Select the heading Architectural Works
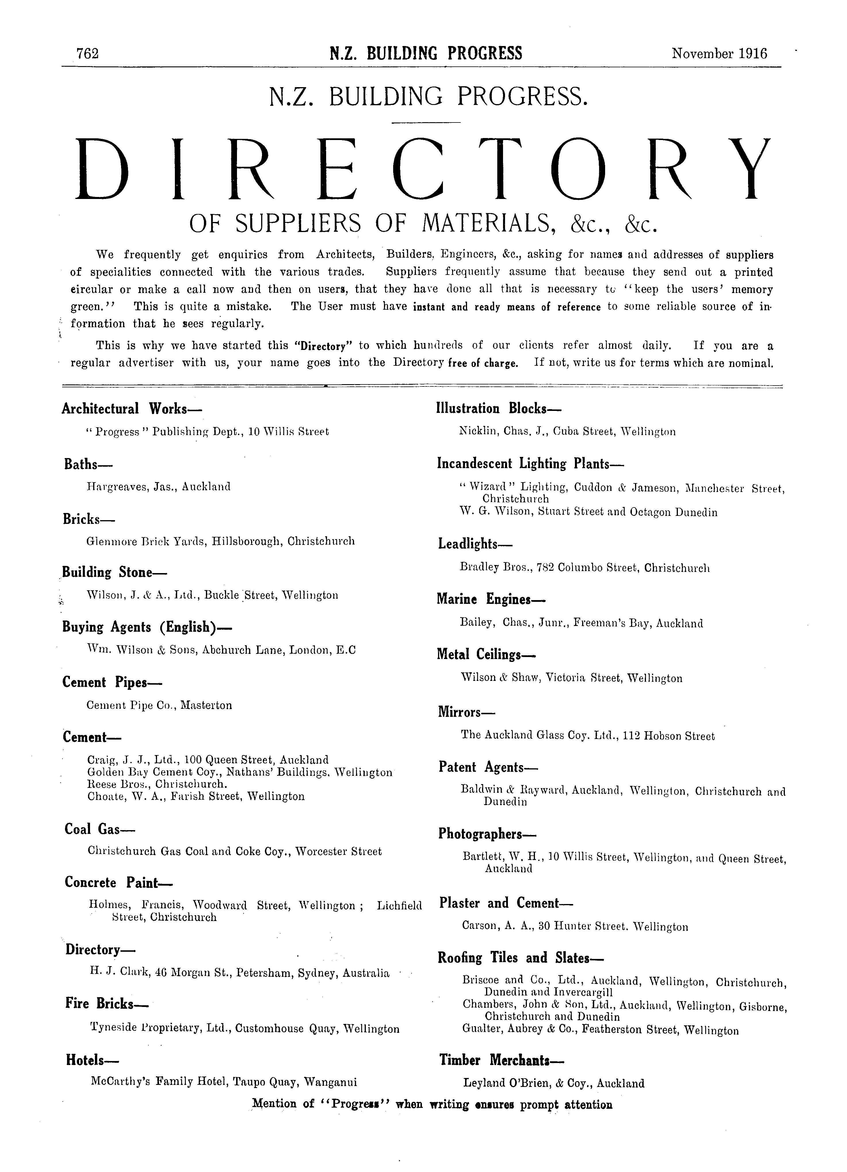click(131, 409)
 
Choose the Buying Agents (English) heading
click(147, 627)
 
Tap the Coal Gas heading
click(99, 829)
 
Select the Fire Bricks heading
click(106, 1004)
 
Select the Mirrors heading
click(466, 712)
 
